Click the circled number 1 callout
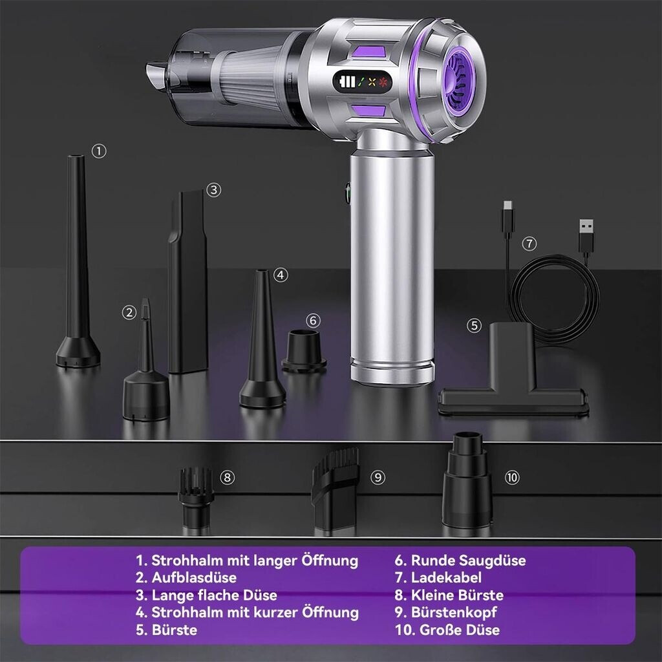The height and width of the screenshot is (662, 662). pyautogui.click(x=99, y=151)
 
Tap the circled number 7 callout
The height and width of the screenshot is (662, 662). pyautogui.click(x=529, y=244)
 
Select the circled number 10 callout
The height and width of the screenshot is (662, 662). pyautogui.click(x=512, y=478)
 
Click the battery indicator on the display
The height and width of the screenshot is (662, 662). pyautogui.click(x=347, y=81)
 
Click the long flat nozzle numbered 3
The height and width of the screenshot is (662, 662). pyautogui.click(x=188, y=282)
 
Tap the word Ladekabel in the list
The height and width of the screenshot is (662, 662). pyautogui.click(x=446, y=577)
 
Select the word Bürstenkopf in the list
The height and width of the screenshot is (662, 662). pyautogui.click(x=453, y=612)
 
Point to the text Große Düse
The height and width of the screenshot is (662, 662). pyautogui.click(x=460, y=630)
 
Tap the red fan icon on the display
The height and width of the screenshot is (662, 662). pyautogui.click(x=383, y=81)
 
